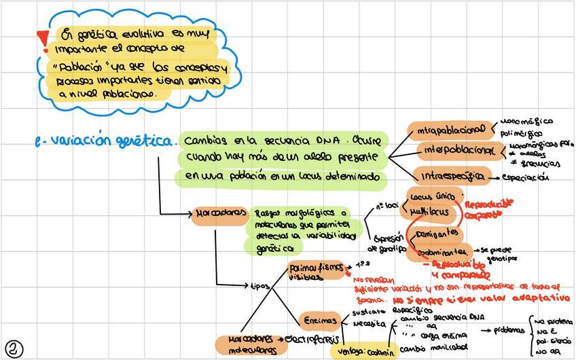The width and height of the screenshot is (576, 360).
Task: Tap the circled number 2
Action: pyautogui.click(x=15, y=348)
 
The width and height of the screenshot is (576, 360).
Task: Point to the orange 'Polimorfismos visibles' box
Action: pyautogui.click(x=317, y=270)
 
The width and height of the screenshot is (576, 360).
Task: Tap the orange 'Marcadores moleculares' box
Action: pyautogui.click(x=247, y=344)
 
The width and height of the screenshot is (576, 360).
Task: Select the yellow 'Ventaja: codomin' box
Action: pyautogui.click(x=363, y=352)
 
